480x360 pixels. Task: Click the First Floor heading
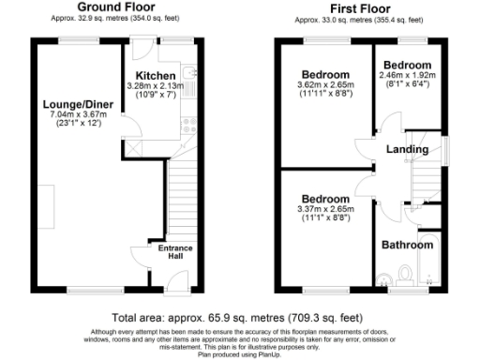(361, 7)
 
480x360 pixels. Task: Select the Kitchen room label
(156, 76)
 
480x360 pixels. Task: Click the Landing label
(408, 149)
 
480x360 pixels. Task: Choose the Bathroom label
(406, 246)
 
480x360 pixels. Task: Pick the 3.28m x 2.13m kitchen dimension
(156, 87)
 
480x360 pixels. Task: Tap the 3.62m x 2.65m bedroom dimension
(324, 85)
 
